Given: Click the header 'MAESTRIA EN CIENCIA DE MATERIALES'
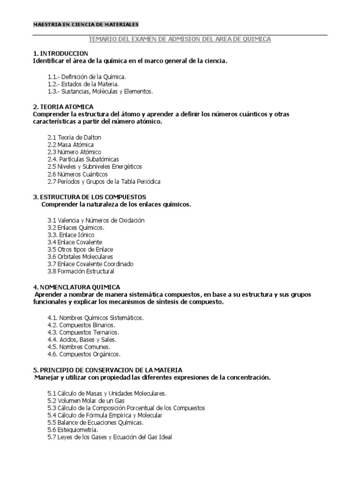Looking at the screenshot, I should click(86, 24).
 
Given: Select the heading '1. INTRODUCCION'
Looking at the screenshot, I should click(60, 54).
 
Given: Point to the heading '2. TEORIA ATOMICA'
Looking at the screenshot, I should click(63, 107).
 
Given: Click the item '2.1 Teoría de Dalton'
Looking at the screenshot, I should click(74, 137).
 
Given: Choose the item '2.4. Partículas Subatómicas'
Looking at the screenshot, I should click(83, 159).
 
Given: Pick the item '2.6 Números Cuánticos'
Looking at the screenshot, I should click(77, 174).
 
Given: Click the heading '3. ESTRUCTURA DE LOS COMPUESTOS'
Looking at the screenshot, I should click(90, 197).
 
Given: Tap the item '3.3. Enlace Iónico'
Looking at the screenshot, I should click(71, 234).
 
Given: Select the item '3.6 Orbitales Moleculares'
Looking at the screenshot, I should click(80, 257).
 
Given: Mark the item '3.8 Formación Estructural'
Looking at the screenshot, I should click(81, 271).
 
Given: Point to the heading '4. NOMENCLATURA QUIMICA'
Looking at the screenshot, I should click(76, 287).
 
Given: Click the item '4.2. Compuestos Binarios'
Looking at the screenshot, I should click(81, 325).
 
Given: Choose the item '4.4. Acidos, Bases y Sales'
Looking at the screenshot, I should click(82, 339).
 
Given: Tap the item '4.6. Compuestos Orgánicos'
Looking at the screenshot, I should click(84, 354).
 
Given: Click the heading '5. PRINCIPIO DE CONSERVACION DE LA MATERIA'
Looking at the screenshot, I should click(108, 370).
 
